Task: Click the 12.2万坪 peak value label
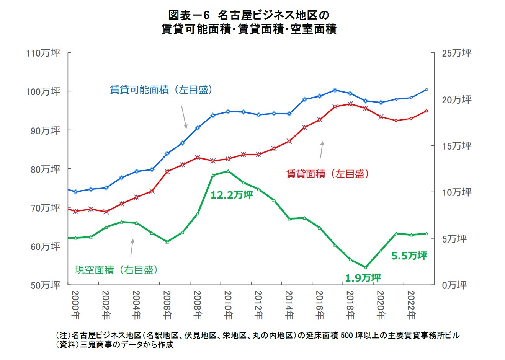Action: click(232, 195)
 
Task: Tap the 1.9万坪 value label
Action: click(363, 278)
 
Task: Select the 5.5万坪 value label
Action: click(409, 256)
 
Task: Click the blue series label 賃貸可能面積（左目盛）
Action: click(161, 90)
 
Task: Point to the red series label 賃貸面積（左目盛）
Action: click(327, 174)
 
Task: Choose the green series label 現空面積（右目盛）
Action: click(116, 270)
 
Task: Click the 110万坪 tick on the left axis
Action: click(43, 53)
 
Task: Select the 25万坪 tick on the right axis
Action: click(456, 53)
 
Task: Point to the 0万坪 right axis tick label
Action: click(454, 285)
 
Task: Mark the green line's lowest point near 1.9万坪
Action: click(365, 267)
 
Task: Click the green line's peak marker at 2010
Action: click(228, 171)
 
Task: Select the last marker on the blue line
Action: click(427, 90)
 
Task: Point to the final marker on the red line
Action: click(427, 111)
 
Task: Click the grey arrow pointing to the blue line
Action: click(184, 117)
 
